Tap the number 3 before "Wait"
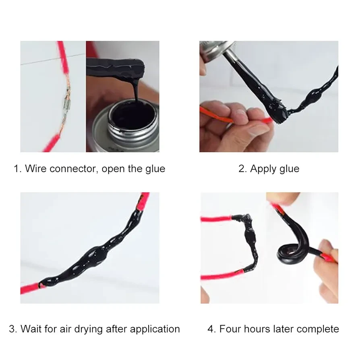[x=12, y=329]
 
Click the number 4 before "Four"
[x=211, y=329]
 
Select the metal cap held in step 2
[x=214, y=52]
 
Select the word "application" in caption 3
[x=155, y=329]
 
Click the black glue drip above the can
[x=137, y=89]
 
